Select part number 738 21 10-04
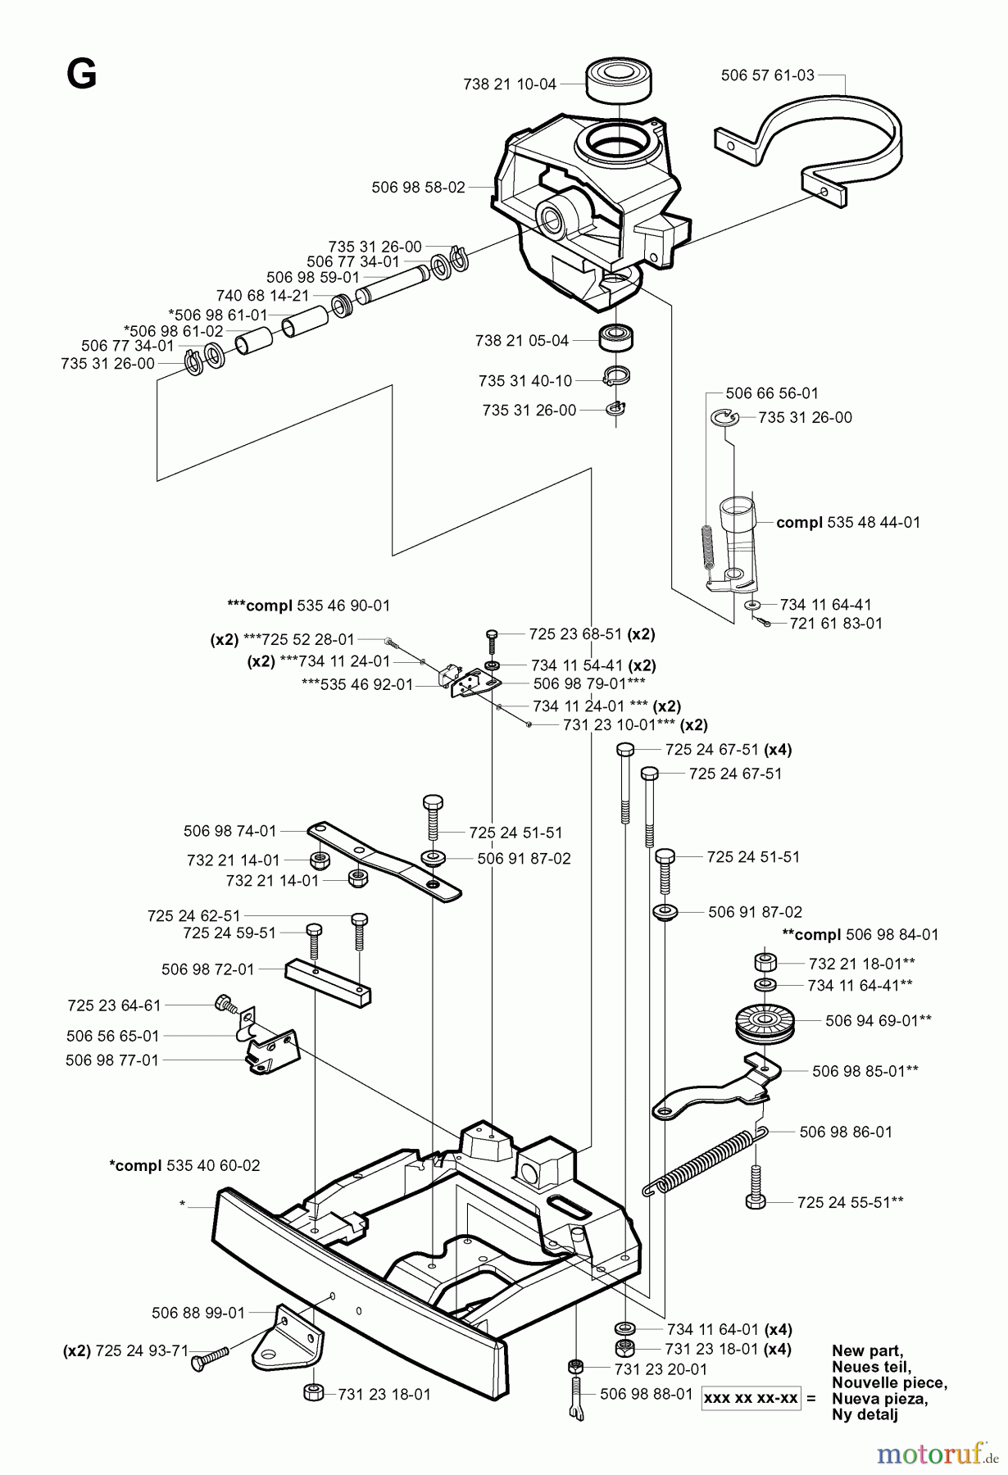[509, 84]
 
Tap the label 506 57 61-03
[767, 75]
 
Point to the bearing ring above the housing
[617, 79]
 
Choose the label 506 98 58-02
[418, 187]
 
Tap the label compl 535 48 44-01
[848, 522]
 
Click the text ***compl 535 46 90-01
[308, 606]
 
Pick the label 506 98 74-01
[230, 831]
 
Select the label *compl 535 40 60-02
[184, 1165]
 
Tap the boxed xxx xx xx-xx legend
[751, 1398]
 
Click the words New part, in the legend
[867, 1351]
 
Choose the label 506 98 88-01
[646, 1394]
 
